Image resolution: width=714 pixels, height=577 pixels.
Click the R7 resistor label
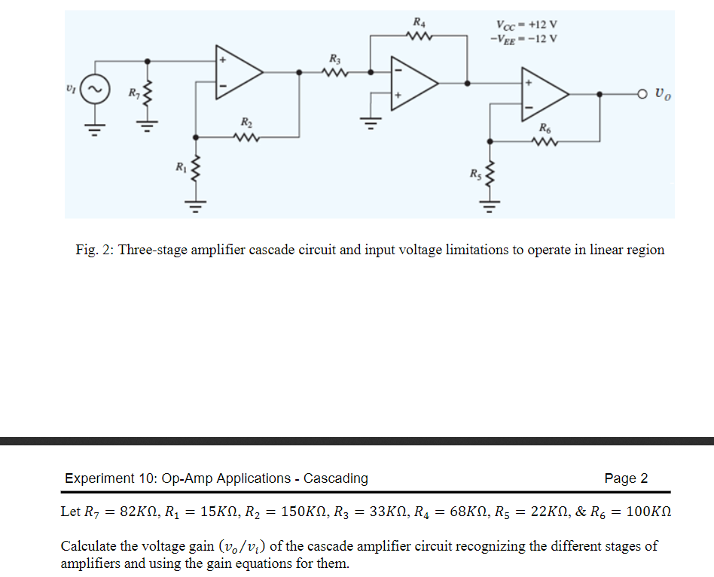(133, 93)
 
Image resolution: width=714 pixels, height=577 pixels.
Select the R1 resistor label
(180, 166)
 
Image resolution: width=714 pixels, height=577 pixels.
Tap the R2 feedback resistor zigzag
(246, 137)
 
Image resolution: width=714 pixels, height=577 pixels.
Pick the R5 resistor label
(474, 176)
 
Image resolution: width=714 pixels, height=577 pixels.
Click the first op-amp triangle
(236, 72)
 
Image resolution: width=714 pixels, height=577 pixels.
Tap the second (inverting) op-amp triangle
(410, 83)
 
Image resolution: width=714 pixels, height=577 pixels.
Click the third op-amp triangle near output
(544, 93)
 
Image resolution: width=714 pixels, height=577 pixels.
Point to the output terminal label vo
(663, 94)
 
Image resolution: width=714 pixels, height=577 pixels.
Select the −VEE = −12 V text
(523, 39)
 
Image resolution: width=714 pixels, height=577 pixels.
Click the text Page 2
(625, 478)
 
